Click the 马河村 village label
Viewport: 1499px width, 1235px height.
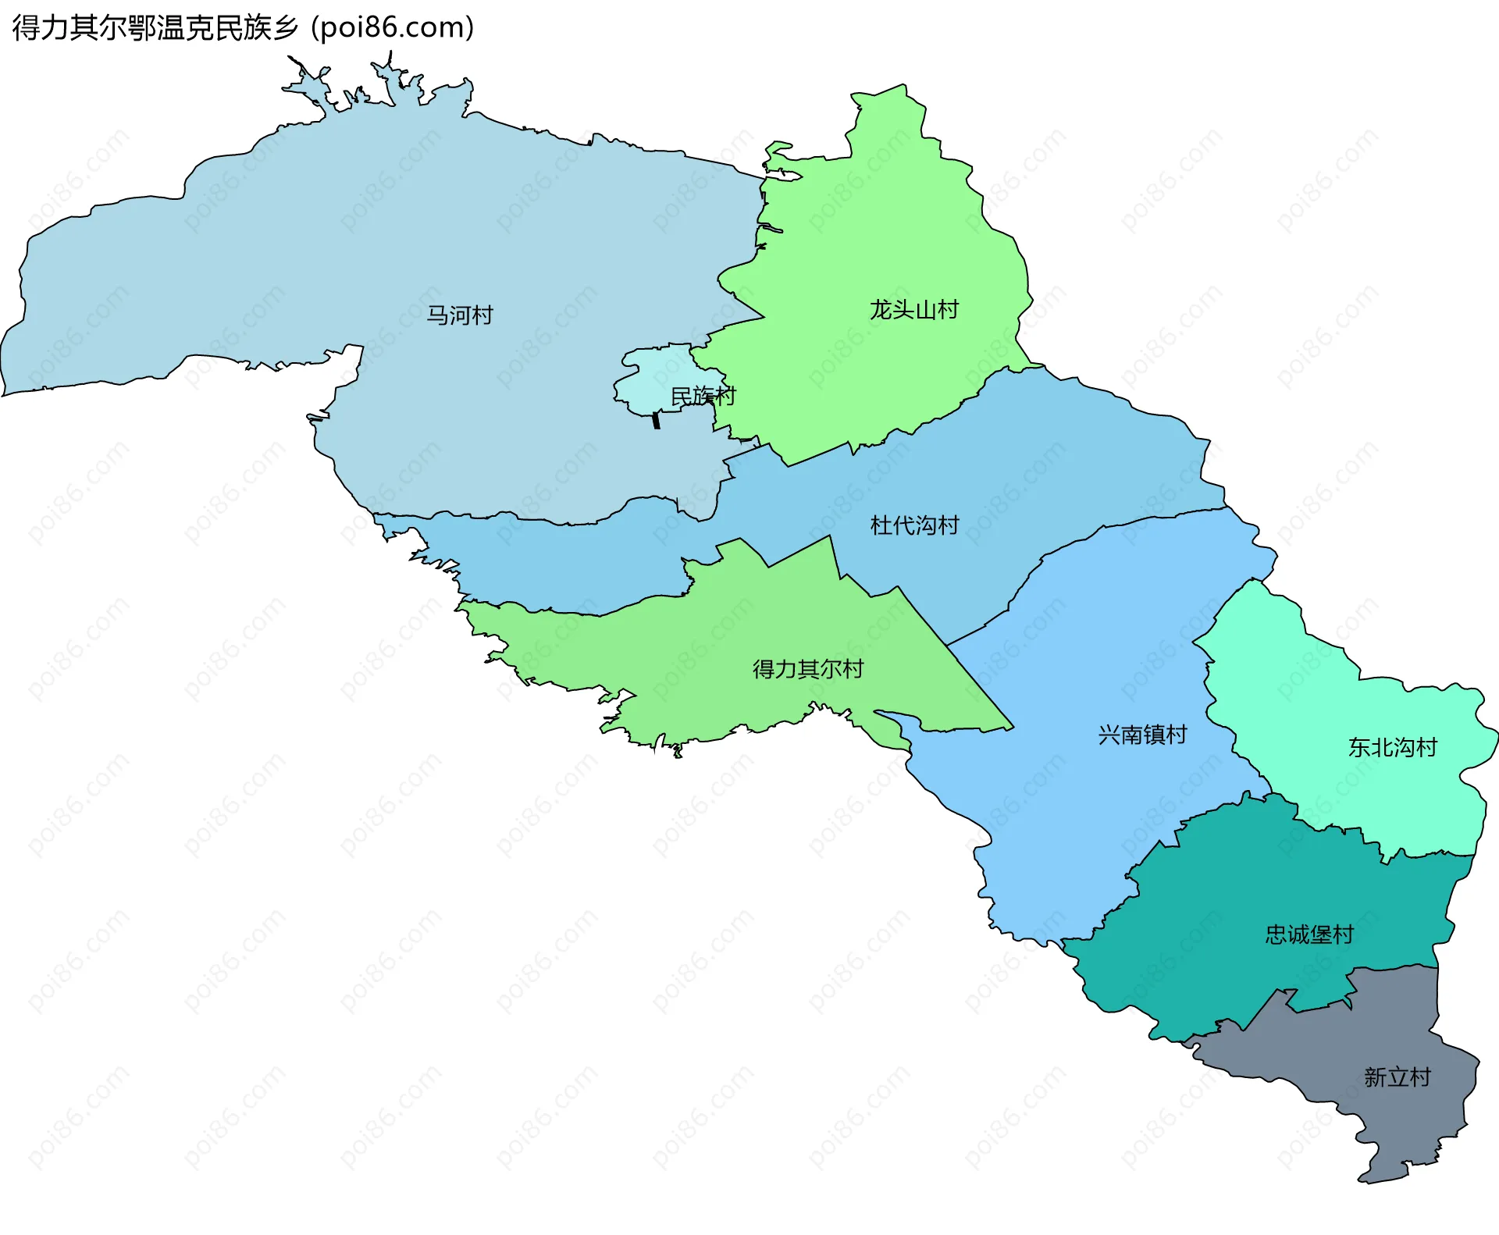(x=459, y=315)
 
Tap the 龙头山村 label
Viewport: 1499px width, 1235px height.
(x=913, y=310)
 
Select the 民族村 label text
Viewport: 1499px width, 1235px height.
(x=703, y=397)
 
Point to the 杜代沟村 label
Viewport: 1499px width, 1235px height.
(x=914, y=525)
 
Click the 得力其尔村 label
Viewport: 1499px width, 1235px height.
(x=807, y=669)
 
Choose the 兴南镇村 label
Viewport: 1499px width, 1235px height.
(x=1141, y=735)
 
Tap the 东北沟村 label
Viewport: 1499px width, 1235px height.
(x=1392, y=748)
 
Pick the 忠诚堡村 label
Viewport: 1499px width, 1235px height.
(x=1309, y=934)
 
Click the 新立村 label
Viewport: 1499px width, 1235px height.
(x=1397, y=1077)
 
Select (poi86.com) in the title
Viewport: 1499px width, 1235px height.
(x=392, y=27)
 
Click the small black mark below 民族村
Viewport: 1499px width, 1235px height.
(x=656, y=420)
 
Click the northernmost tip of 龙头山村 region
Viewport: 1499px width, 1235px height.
(x=904, y=85)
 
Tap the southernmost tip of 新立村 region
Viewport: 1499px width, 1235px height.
(x=1362, y=1182)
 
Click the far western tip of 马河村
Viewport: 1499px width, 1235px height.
(x=3, y=394)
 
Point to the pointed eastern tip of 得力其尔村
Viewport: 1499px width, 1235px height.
(x=1013, y=728)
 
